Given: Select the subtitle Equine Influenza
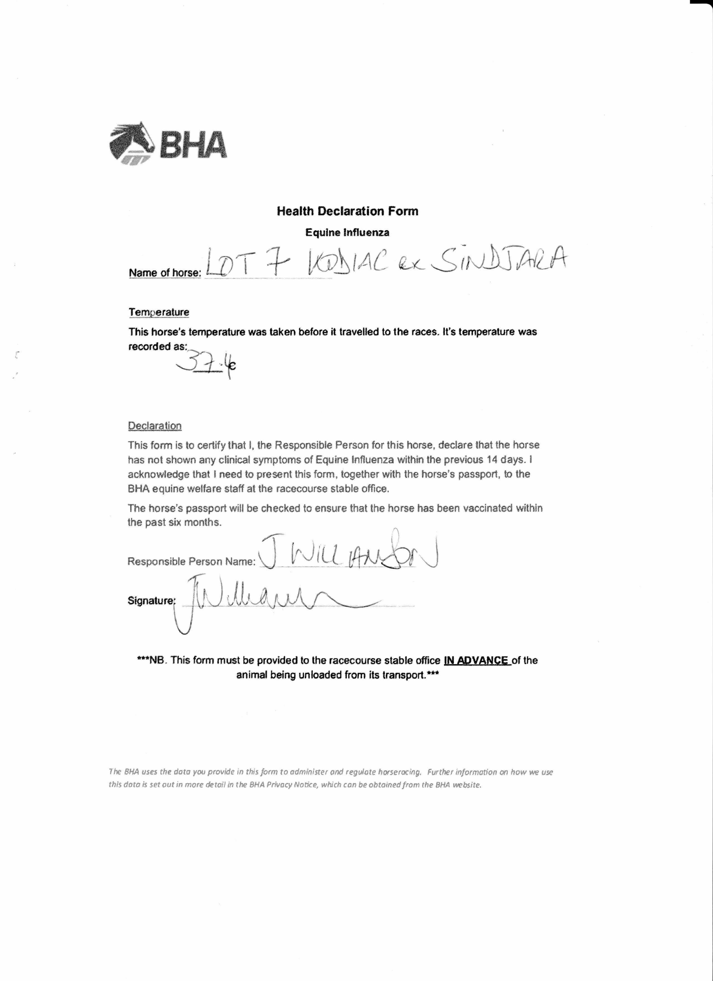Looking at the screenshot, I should pyautogui.click(x=347, y=232).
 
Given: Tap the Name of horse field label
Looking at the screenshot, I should pyautogui.click(x=165, y=273).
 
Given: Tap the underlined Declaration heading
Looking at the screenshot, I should pyautogui.click(x=154, y=426).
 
